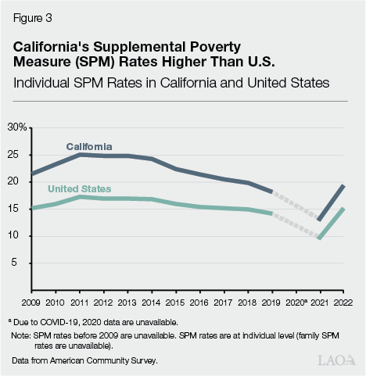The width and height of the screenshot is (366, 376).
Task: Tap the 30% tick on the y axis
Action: pos(17,127)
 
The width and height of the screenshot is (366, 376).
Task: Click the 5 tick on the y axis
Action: pos(15,263)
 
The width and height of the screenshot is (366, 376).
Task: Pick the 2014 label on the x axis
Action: pos(152,301)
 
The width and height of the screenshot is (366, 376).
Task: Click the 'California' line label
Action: pos(88,146)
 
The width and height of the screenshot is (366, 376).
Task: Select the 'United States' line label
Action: pos(79,189)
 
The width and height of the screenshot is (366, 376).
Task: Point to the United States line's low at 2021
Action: pos(319,238)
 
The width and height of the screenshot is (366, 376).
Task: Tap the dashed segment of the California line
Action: pos(296,206)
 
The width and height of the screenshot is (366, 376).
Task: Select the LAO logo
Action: pos(337,360)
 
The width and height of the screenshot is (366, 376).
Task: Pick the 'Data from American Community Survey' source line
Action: pos(83,361)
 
